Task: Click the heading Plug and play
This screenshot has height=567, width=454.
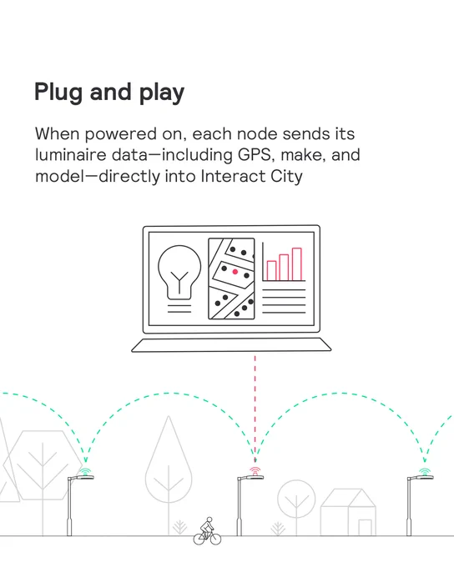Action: pos(109,93)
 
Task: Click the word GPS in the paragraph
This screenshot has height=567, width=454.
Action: pos(255,155)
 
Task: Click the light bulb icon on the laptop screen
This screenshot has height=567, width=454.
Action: pos(179,273)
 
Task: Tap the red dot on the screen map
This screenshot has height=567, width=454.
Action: pos(235,272)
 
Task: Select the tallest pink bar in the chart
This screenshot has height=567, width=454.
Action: pos(297,264)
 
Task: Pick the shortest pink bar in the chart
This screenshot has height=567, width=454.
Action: pos(271,270)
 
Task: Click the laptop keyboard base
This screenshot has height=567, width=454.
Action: pos(231,345)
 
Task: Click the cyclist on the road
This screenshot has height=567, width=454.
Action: pos(207,531)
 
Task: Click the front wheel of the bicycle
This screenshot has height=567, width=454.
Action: pos(215,539)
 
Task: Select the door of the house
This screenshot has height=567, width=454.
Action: pos(365,528)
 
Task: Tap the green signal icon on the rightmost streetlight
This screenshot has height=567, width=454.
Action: pos(425,471)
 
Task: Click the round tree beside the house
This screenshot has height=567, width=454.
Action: pos(296,499)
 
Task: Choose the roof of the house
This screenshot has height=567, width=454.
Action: pos(348,498)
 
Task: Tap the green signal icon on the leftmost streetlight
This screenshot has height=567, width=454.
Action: pos(85,471)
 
